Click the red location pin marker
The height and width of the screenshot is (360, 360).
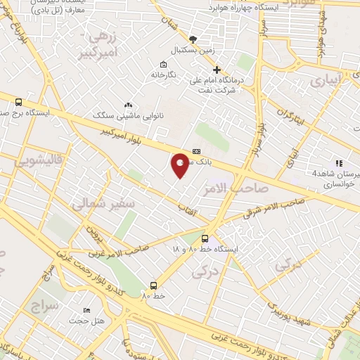pos(181,164)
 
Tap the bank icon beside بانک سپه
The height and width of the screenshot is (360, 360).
pos(195,151)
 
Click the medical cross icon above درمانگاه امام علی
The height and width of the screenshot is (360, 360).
pos(217,70)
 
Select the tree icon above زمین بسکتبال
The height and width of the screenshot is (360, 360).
pos(194,39)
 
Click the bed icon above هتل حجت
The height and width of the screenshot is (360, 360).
pos(86,311)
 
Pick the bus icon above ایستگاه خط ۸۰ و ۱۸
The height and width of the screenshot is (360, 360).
pos(205,238)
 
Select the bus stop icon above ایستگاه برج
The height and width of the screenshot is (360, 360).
pos(18,103)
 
